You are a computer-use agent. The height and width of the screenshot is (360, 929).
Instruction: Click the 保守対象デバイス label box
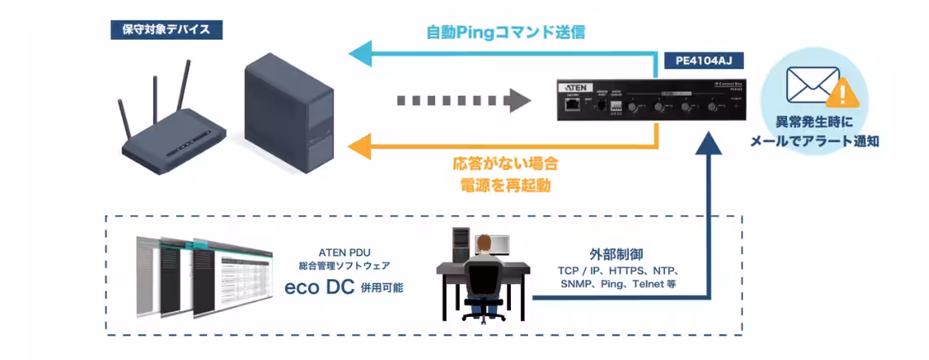[x=165, y=30]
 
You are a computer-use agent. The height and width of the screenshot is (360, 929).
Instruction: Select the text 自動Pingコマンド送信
[x=505, y=33]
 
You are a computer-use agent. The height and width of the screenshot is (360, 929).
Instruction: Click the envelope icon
[x=812, y=83]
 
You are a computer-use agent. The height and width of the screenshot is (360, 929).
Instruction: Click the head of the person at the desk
[x=484, y=244]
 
